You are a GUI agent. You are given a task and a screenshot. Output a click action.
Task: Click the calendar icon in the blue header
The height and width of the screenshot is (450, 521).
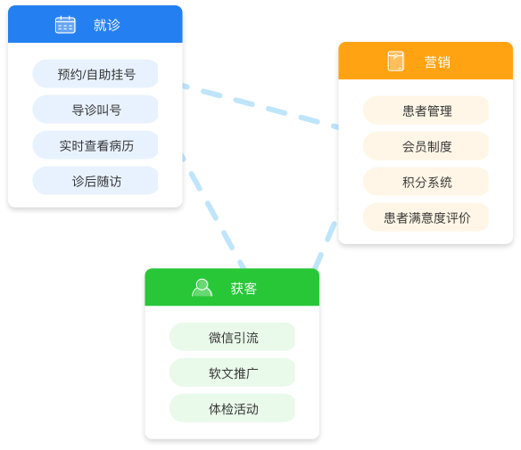tap(65, 25)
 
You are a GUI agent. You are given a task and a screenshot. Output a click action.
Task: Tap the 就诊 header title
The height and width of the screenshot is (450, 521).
tap(107, 25)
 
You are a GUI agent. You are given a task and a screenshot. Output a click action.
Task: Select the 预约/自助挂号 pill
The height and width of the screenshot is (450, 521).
tap(95, 74)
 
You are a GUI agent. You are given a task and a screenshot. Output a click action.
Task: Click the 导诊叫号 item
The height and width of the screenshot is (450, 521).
tap(95, 110)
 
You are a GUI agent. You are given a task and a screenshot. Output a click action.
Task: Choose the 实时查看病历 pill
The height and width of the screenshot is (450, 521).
tap(95, 145)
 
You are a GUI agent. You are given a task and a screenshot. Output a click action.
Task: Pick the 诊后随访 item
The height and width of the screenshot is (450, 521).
tap(95, 181)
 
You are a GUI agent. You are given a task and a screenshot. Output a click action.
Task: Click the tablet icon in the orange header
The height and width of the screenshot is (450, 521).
tap(396, 61)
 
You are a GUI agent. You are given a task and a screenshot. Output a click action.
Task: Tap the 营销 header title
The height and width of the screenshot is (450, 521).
tap(437, 62)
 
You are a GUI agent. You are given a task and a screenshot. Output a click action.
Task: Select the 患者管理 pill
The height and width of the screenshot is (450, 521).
tap(426, 110)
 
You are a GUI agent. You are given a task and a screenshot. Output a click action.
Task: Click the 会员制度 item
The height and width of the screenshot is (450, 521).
tap(426, 146)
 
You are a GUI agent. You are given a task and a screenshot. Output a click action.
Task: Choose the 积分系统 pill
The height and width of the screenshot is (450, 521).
tap(426, 182)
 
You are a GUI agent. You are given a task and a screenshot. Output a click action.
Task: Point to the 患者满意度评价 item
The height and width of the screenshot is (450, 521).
tap(426, 217)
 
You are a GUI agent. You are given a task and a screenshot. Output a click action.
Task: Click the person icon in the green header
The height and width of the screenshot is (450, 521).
tap(202, 288)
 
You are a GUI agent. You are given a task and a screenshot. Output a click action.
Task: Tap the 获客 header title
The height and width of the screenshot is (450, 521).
tap(244, 289)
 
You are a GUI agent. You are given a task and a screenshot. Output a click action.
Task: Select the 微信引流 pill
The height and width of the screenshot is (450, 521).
tap(232, 337)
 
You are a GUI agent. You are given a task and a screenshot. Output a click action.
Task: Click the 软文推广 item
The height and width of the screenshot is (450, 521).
tap(232, 372)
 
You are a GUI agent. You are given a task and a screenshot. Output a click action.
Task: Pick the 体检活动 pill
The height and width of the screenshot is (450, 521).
tap(232, 408)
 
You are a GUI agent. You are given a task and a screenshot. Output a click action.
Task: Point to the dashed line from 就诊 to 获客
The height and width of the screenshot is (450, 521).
tap(213, 210)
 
